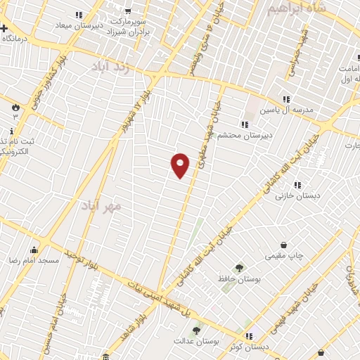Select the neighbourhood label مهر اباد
(101, 205)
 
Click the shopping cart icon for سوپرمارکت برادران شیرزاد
(127, 11)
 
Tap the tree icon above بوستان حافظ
(239, 268)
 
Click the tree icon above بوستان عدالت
(197, 330)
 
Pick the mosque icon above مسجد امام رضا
(34, 250)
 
